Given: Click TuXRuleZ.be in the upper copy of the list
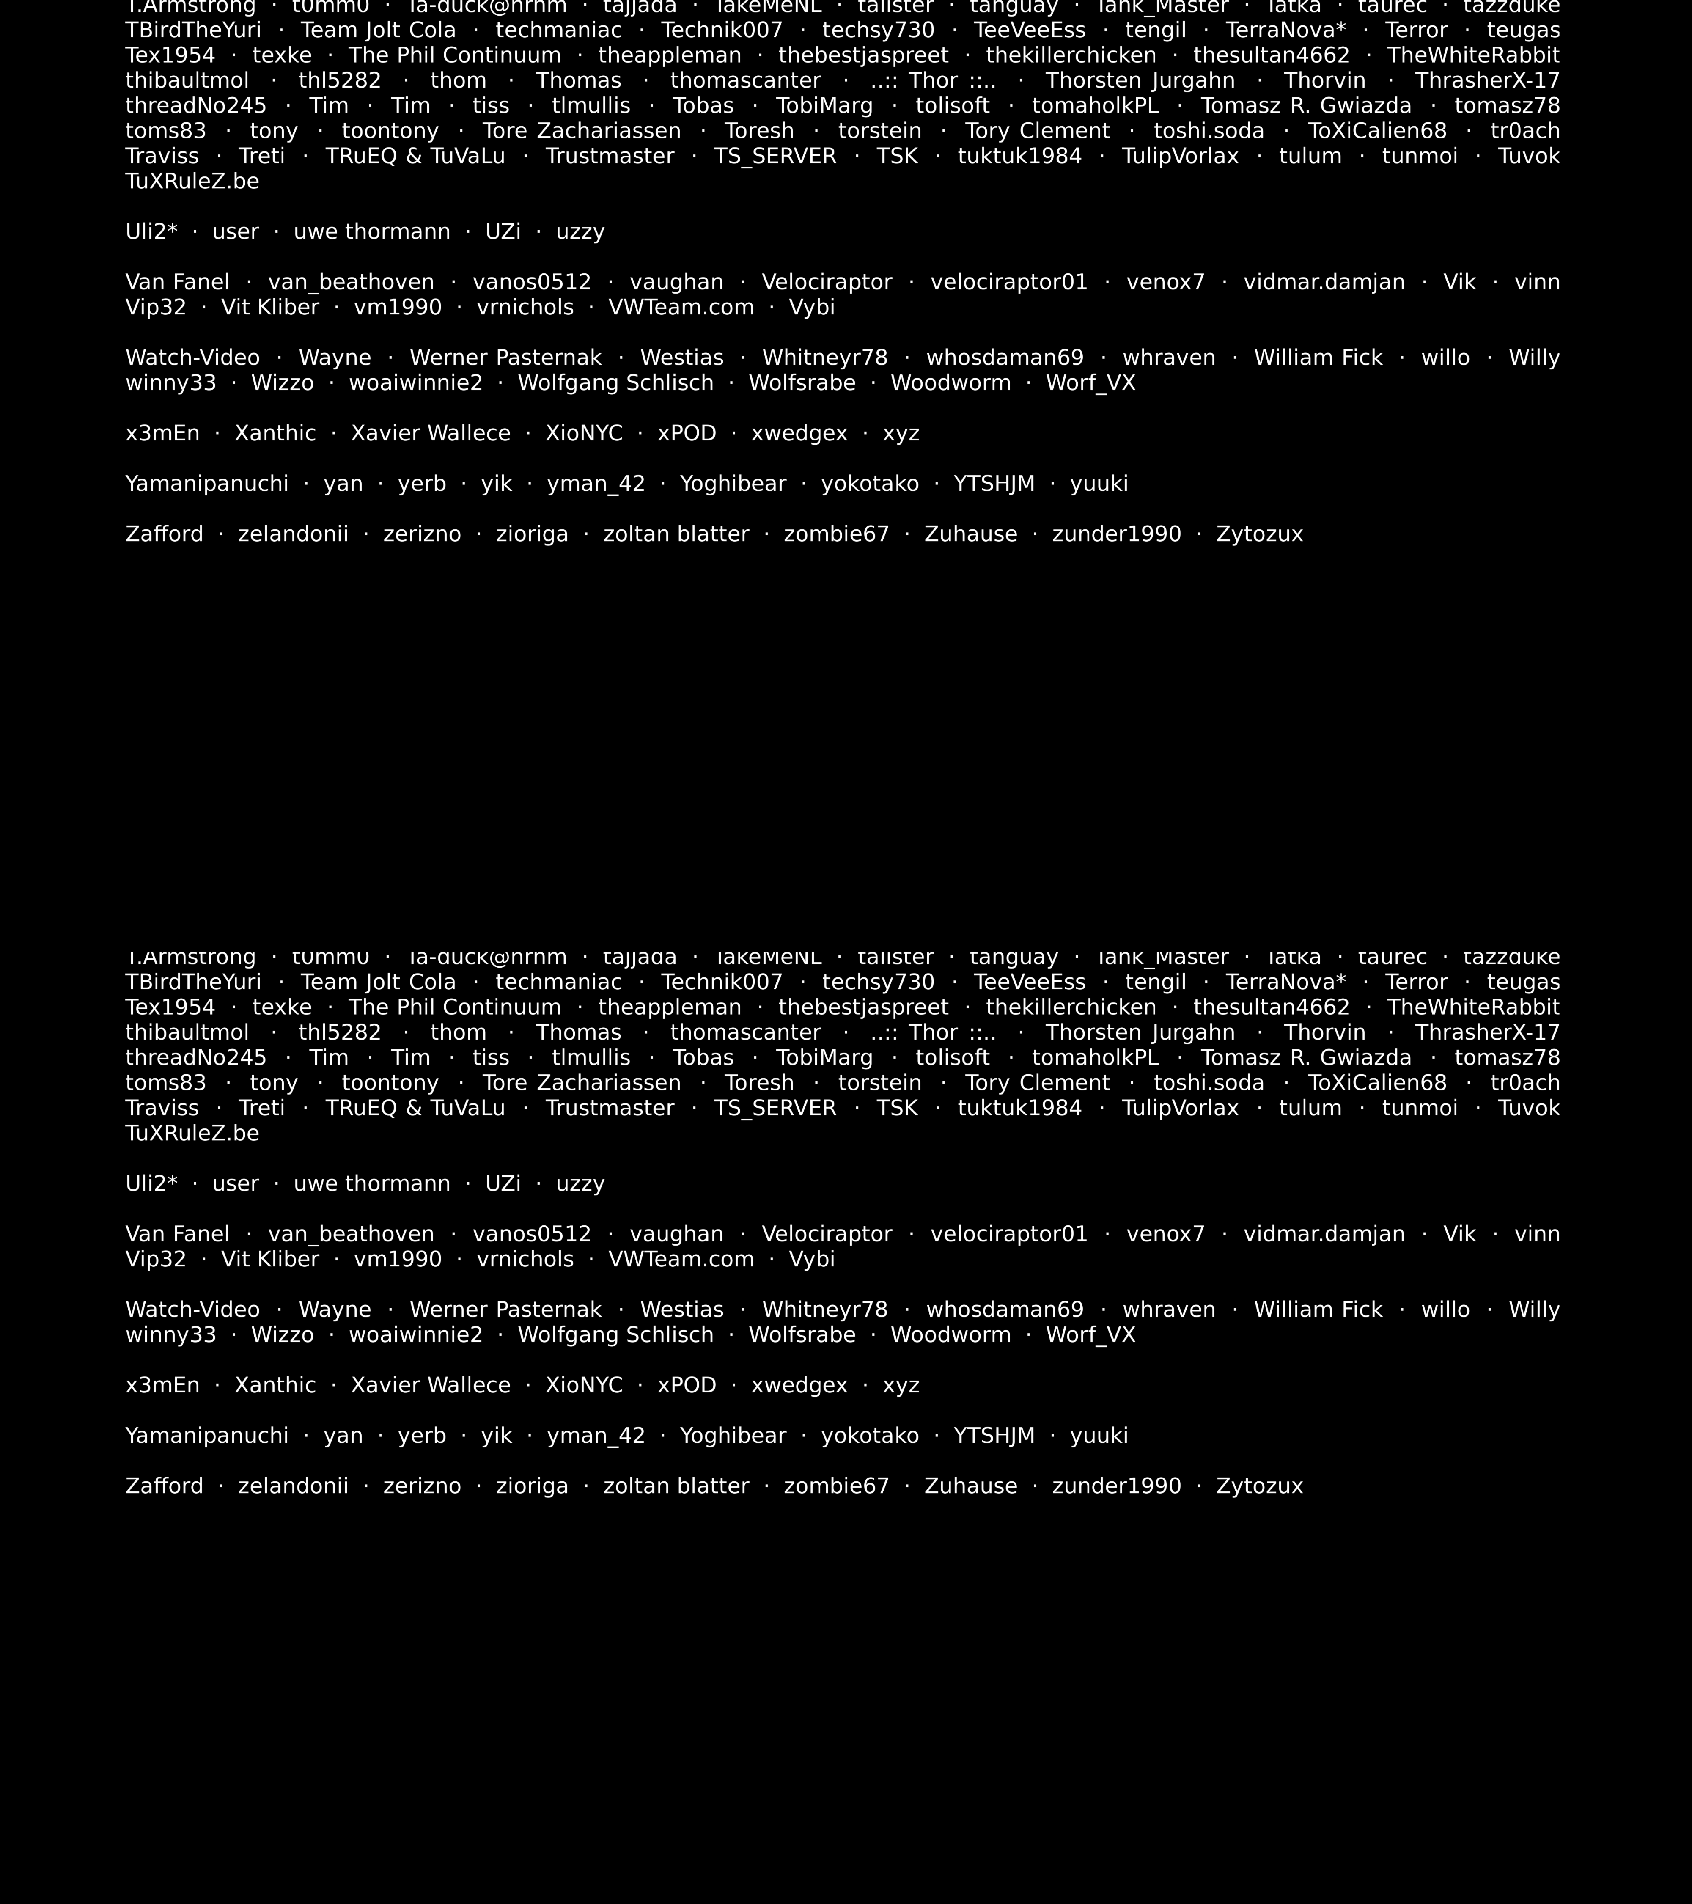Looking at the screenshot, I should coord(192,182).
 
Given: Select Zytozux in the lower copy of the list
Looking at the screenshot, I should coord(1259,1486).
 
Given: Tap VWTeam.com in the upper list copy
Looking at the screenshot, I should coord(681,308).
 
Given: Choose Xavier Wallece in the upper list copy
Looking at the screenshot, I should coord(430,433).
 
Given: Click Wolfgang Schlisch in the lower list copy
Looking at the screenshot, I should coord(615,1335).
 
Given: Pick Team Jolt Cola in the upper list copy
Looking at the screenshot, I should coord(378,30).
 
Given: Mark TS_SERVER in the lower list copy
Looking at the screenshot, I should coord(775,1108).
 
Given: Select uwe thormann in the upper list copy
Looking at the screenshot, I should coord(371,232).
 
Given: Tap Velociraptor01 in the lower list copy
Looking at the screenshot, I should coord(1008,1234).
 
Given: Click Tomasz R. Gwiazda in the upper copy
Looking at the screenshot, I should coord(1305,106).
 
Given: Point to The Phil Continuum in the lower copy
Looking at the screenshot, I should coord(454,1007).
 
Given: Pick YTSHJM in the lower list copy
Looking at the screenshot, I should coord(994,1436).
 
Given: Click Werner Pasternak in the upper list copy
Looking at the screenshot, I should coord(505,358).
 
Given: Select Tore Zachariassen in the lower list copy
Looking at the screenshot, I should coord(581,1082).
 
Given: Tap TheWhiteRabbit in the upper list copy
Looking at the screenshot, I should coord(1473,55).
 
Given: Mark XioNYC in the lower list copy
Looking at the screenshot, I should coord(584,1385).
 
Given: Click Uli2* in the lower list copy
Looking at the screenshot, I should coord(151,1184).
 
